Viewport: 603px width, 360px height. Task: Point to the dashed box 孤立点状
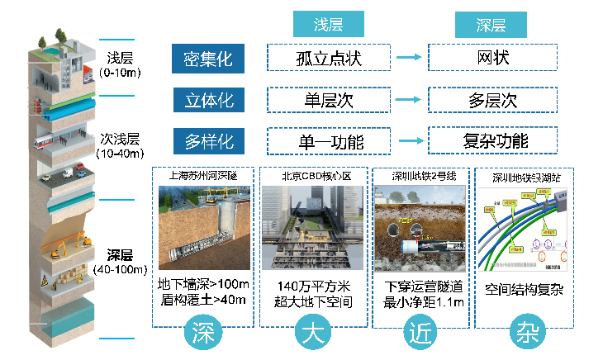(x=329, y=59)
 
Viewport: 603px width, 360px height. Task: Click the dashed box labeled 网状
(x=493, y=59)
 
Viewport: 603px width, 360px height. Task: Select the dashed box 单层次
(x=329, y=100)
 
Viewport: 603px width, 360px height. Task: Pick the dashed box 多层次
(x=493, y=100)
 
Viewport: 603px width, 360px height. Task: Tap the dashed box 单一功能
(x=329, y=140)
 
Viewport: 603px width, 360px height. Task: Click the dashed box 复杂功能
(x=493, y=140)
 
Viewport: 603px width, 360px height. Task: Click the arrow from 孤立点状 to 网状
(x=410, y=59)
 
